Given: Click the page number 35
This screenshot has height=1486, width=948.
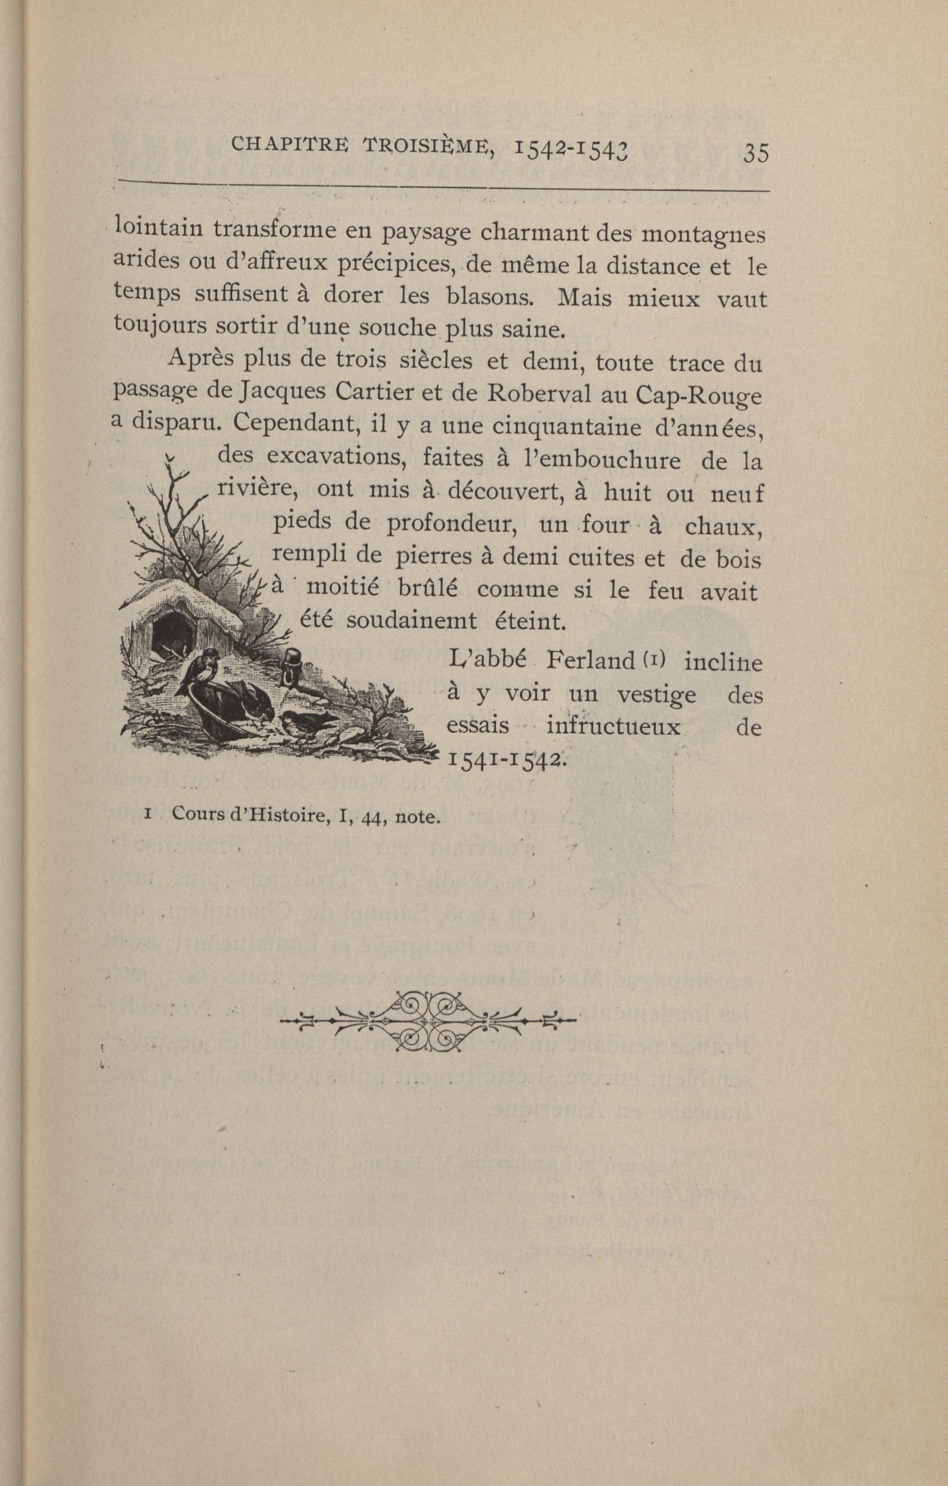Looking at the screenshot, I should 756,152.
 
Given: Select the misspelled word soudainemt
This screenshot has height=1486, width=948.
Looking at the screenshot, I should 411,620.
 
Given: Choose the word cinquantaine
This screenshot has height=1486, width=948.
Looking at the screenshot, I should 560,426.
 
